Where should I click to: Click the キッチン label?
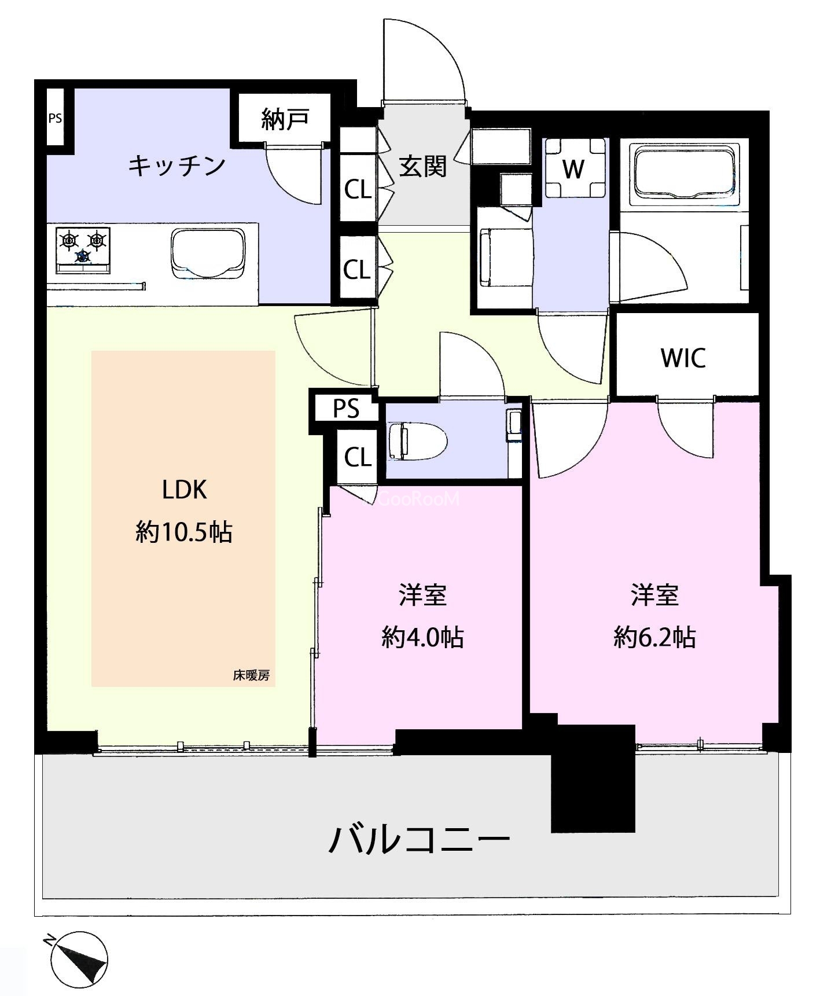click(176, 166)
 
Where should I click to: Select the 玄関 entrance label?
click(423, 167)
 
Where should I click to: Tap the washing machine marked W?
click(573, 168)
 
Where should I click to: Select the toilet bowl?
click(415, 442)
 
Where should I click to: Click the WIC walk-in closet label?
click(683, 358)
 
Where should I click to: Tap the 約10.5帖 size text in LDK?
click(184, 531)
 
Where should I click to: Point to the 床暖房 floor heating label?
click(251, 675)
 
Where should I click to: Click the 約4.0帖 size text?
click(422, 637)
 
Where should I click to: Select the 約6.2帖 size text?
click(654, 637)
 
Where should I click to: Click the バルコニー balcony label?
click(419, 840)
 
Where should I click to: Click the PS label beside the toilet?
click(346, 409)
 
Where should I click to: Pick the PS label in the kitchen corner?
click(55, 119)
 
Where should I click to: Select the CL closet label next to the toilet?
click(358, 457)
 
